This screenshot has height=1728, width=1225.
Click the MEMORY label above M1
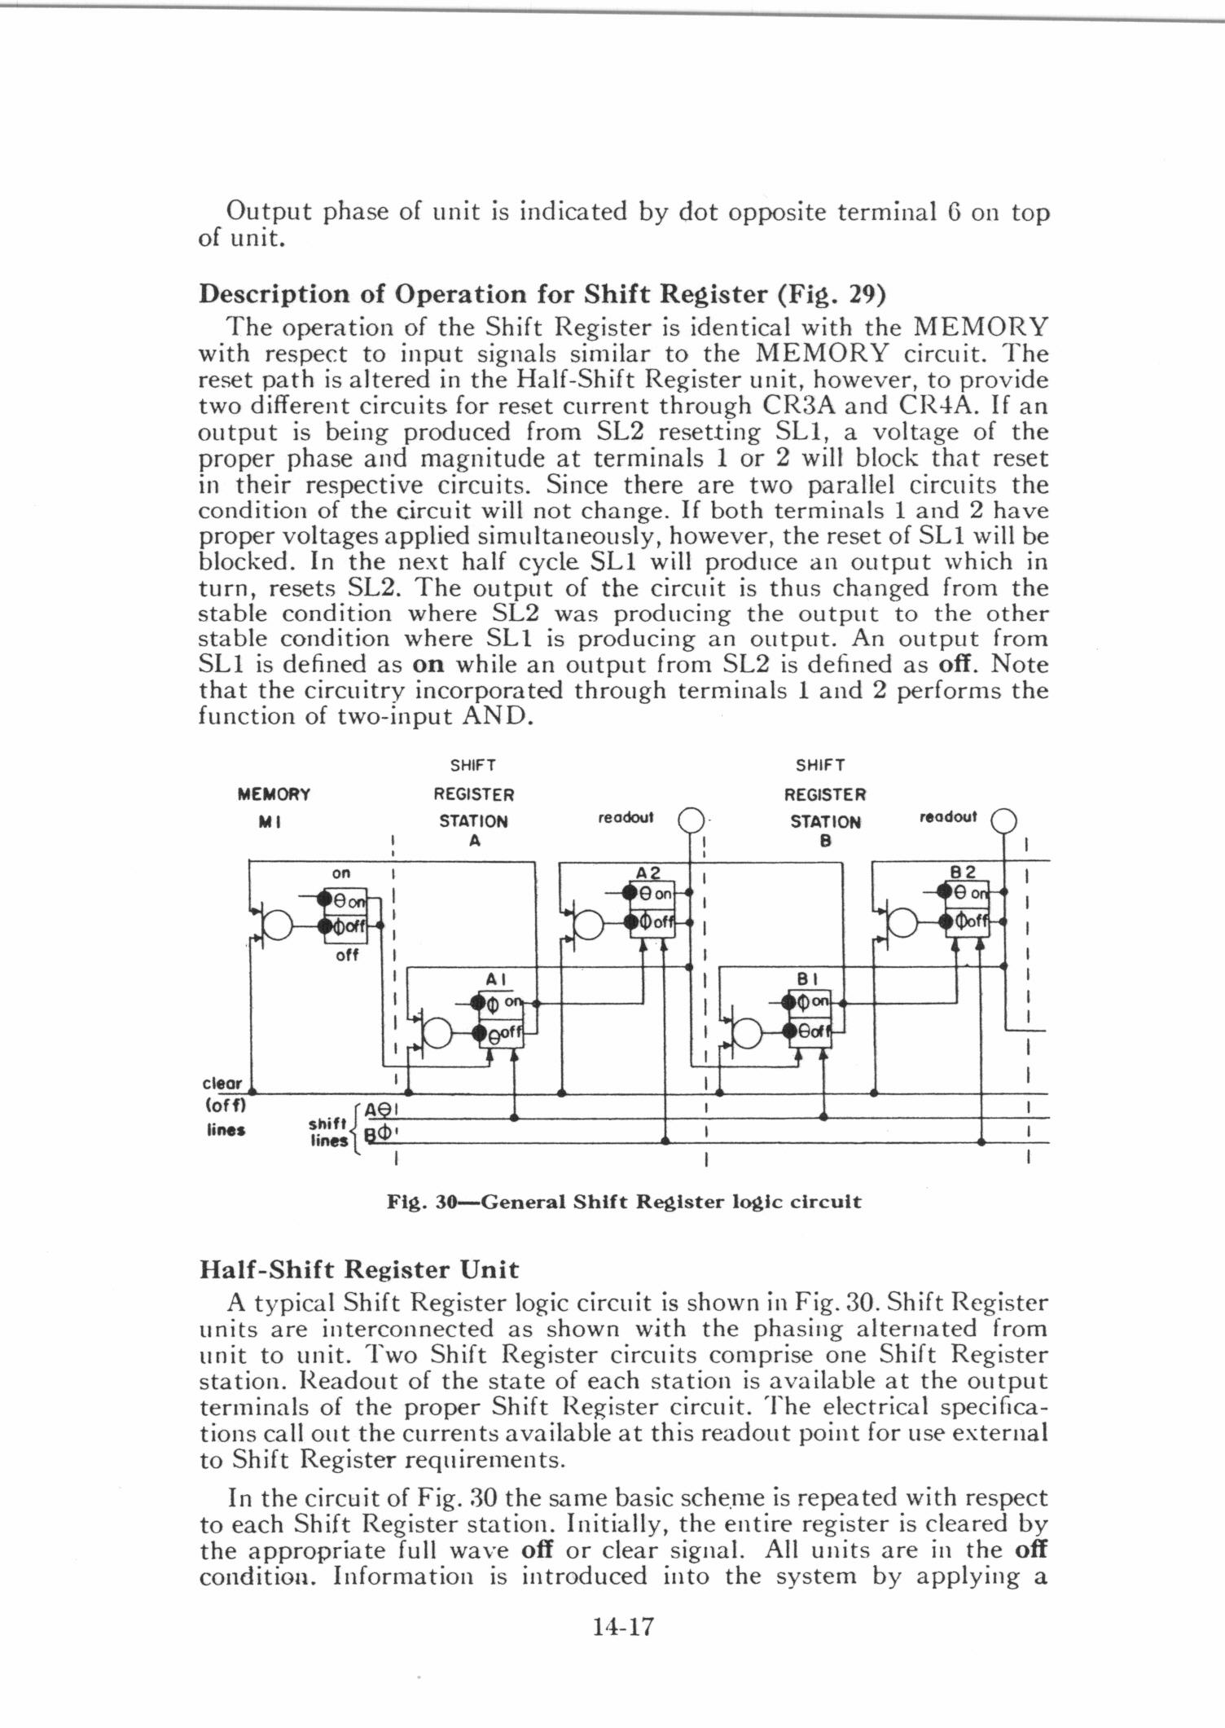273,794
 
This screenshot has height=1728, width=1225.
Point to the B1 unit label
806,978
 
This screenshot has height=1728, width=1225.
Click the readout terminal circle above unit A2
690,819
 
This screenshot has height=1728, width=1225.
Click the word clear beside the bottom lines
222,1084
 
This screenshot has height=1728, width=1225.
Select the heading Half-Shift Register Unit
358,1269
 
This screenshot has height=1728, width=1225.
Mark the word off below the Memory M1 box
347,955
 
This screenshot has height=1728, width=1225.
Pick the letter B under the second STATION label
824,842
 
